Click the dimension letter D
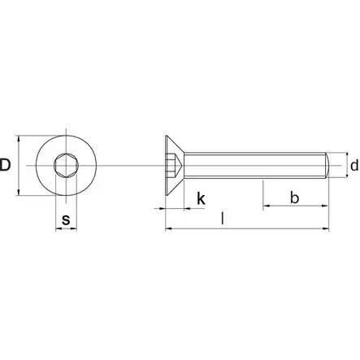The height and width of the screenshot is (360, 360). click(5, 165)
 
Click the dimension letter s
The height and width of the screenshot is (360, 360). click(66, 220)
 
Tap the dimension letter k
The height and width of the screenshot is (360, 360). click(201, 198)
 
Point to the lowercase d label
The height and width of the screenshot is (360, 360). click(354, 165)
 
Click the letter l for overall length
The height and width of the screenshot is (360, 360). click(223, 219)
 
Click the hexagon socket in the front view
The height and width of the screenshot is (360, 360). click(67, 165)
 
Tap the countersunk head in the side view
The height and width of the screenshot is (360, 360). click(175, 165)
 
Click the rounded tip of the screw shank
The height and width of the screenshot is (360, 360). click(327, 165)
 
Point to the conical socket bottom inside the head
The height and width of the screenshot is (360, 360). click(178, 165)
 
